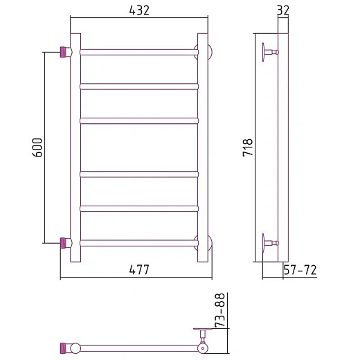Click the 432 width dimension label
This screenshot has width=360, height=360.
(x=139, y=10)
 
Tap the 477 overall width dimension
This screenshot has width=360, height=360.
(x=139, y=269)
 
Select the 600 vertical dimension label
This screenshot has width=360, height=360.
(x=37, y=147)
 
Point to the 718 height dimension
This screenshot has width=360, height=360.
(x=248, y=147)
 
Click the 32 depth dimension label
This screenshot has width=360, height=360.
(x=283, y=10)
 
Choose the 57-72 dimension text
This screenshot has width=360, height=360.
(x=300, y=270)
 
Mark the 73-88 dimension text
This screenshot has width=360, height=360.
(x=219, y=310)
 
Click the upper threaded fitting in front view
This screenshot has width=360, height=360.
(x=64, y=52)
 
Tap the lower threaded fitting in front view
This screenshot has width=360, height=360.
(x=64, y=243)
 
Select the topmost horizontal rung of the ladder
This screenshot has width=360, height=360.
(x=139, y=52)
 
